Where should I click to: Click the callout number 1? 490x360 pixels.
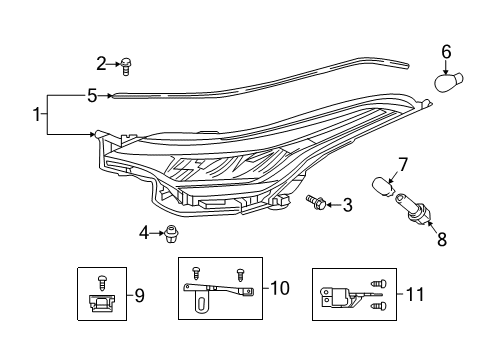37,115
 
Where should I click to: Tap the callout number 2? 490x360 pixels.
101,64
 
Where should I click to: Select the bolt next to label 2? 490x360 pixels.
126,66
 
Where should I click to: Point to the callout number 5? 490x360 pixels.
91,96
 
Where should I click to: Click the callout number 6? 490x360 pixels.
447,51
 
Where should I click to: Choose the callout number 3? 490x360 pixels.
348,205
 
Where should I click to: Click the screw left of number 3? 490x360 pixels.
316,203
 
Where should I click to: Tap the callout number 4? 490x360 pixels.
143,233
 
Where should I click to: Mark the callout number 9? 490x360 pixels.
139,295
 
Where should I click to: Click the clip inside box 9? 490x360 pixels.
102,302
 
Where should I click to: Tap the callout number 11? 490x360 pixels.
415,294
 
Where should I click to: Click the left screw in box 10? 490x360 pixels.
196,271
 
